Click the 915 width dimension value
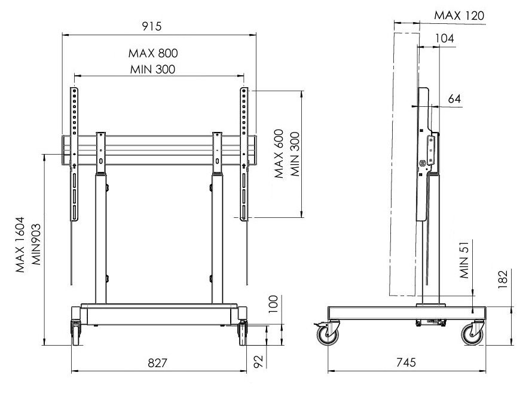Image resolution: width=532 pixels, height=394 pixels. (152, 26)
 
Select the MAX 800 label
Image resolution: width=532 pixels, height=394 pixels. (153, 53)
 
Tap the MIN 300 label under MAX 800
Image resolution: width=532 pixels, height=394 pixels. (152, 69)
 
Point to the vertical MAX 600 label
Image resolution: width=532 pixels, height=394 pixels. (279, 153)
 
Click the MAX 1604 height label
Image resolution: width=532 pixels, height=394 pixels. (20, 244)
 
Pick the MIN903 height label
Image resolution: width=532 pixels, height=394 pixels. (36, 244)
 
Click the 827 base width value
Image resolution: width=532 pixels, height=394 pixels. (157, 363)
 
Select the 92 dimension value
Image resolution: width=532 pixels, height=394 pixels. (259, 361)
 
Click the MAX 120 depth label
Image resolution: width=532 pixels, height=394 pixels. (460, 16)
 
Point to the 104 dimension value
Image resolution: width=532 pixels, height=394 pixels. (445, 38)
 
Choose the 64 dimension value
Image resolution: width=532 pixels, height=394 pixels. (455, 98)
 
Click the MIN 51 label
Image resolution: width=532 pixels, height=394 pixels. (464, 260)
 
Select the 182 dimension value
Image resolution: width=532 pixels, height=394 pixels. (503, 279)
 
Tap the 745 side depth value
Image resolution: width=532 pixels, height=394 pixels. (406, 362)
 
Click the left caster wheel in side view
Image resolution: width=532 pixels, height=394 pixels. (328, 334)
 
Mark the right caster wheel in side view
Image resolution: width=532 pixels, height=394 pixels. (473, 334)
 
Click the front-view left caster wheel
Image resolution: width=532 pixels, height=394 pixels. (76, 333)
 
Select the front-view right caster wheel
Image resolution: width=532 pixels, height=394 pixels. (242, 333)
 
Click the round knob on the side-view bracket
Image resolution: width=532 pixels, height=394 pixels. (423, 163)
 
